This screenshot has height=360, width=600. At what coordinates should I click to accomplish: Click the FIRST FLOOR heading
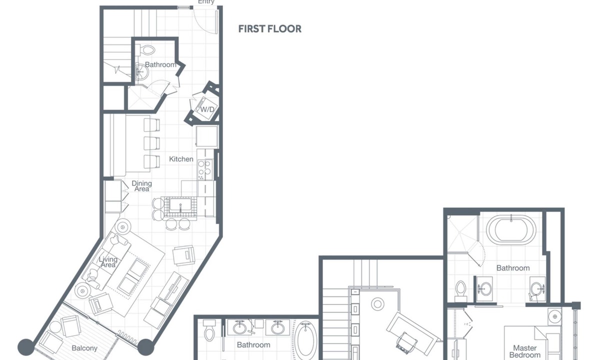coord(269,29)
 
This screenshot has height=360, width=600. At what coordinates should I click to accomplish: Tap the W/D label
coord(207,109)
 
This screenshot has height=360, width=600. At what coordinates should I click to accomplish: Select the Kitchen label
coord(181,159)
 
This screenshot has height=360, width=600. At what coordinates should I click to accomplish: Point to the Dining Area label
coord(141,186)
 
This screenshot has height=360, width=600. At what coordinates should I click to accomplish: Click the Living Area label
coord(108,262)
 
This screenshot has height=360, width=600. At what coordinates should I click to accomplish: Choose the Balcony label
coord(84,348)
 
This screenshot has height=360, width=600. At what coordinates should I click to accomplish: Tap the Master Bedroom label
coord(524,351)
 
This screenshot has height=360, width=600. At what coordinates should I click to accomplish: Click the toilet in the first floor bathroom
coord(147,50)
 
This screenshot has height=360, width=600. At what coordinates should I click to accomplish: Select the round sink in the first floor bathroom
coord(141,71)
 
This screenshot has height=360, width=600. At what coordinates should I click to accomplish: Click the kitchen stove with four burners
coord(205,170)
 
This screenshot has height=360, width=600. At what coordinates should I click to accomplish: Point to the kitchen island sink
coord(180,205)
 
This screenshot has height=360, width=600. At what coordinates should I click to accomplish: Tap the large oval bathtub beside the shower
coord(511,230)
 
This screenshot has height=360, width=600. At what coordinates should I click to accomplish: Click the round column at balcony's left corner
coord(26,347)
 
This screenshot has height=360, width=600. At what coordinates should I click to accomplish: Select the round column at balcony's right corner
coord(145,347)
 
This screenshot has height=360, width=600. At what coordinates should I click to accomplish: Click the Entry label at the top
coord(206,2)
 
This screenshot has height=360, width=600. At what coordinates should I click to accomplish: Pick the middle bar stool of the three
coord(151,143)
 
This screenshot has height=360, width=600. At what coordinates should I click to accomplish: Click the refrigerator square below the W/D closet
coord(207,136)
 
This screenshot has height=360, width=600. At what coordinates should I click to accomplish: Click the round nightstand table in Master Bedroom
coord(554,316)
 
